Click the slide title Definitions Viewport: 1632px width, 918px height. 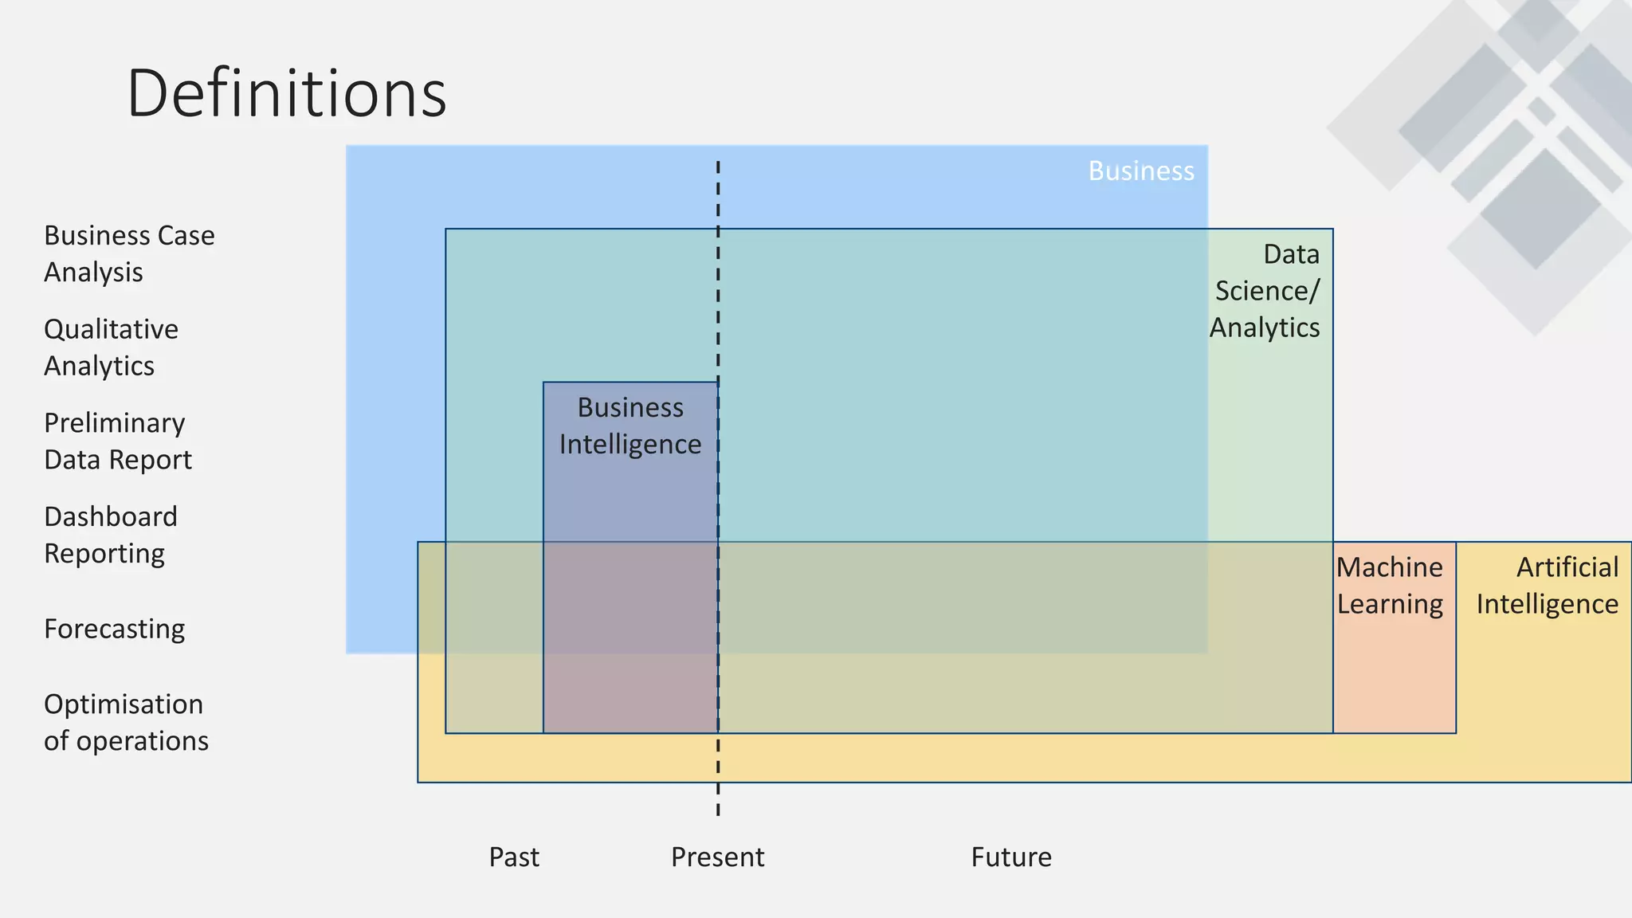[286, 93]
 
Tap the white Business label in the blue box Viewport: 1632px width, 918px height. [1140, 171]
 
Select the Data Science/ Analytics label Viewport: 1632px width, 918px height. [1265, 291]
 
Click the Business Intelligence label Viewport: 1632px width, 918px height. [630, 426]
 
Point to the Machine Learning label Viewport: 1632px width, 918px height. [1390, 586]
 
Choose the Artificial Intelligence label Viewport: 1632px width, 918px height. [1547, 586]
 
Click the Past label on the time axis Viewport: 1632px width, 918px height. [514, 857]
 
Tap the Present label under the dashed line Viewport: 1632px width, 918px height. [717, 857]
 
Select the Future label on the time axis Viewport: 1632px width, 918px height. [1010, 857]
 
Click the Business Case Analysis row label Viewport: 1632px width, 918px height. [129, 253]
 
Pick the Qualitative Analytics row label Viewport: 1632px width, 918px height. [111, 347]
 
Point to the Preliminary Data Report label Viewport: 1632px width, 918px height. [117, 441]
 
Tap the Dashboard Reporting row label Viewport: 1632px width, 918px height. [110, 535]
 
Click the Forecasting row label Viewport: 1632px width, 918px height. [114, 629]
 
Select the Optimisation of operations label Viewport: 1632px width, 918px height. [126, 722]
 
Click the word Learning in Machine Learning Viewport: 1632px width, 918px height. [1390, 604]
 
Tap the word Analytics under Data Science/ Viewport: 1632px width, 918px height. [1265, 328]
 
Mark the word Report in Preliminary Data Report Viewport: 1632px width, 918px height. [158, 460]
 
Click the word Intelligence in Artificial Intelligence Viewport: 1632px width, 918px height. [1547, 604]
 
